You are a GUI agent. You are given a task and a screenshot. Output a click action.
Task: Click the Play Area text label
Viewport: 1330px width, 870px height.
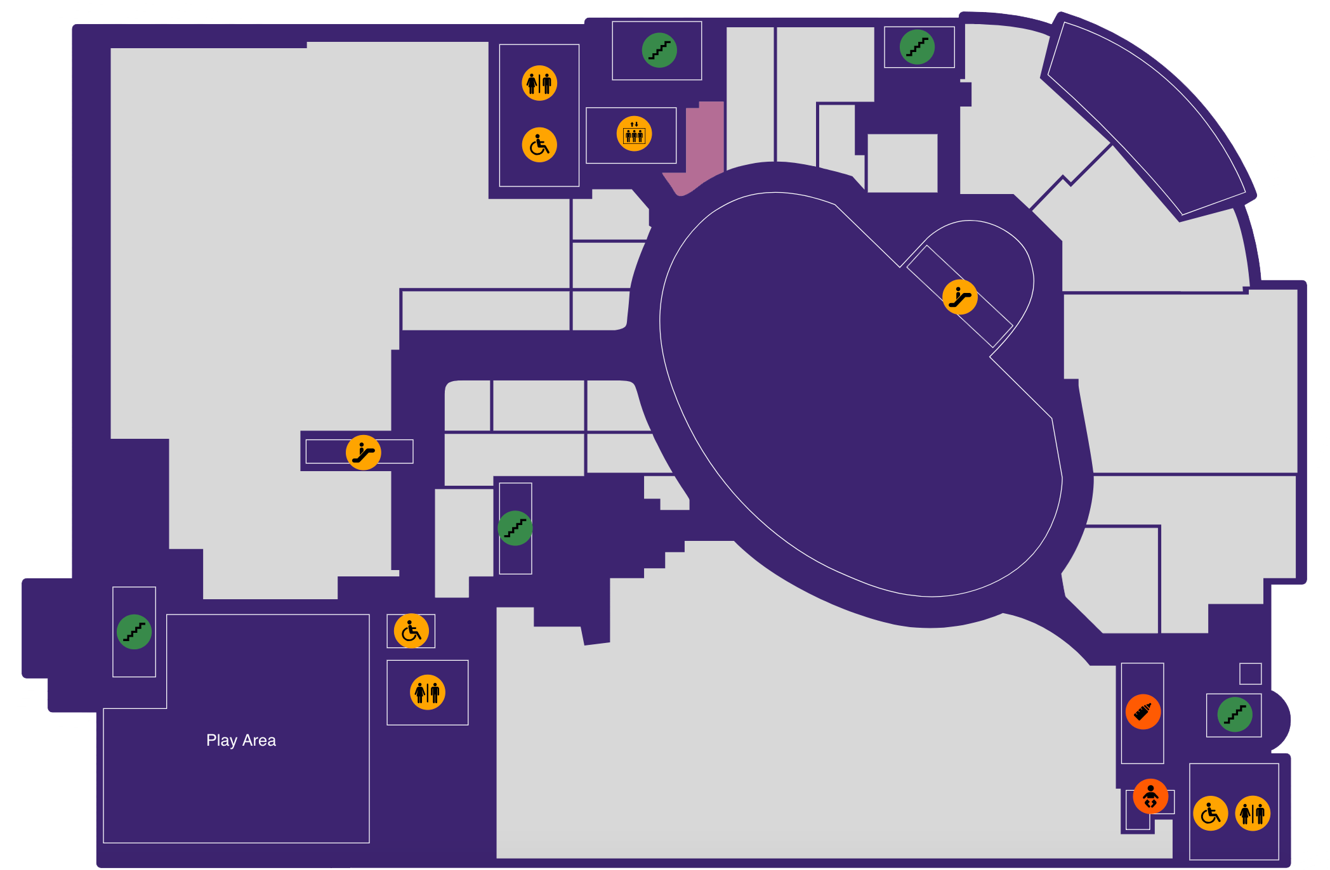click(x=241, y=740)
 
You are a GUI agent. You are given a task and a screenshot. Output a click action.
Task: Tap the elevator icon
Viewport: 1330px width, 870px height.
click(x=634, y=134)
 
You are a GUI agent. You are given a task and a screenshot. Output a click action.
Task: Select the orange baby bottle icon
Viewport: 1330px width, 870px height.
click(x=1143, y=711)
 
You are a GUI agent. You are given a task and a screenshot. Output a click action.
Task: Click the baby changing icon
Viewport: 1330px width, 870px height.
click(x=1150, y=796)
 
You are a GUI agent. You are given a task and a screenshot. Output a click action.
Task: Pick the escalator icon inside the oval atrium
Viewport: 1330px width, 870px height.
click(x=959, y=297)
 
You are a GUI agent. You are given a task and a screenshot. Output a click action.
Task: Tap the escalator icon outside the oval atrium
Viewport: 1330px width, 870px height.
click(x=363, y=452)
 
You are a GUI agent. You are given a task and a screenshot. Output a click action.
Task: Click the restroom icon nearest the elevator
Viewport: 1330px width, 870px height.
click(x=539, y=83)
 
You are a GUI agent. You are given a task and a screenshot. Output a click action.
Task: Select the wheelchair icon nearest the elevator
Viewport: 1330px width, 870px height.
click(x=539, y=145)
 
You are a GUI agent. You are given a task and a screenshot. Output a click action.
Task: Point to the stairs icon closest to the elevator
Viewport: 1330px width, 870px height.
click(x=659, y=50)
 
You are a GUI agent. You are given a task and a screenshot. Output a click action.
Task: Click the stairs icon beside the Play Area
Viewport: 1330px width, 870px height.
click(x=134, y=632)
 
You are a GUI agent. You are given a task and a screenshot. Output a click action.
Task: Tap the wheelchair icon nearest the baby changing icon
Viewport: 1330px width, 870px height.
click(x=1211, y=813)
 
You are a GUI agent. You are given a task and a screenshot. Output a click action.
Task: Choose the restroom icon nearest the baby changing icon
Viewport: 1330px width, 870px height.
click(x=1253, y=813)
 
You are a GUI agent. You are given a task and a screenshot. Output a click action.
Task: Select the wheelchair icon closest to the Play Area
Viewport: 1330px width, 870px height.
click(x=411, y=631)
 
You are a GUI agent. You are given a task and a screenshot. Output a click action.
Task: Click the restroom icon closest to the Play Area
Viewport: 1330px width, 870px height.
click(x=428, y=692)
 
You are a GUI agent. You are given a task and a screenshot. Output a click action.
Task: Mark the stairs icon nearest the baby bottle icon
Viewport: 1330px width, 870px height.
click(x=1235, y=715)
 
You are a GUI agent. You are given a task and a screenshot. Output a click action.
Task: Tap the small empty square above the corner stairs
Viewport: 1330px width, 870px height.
click(x=1250, y=673)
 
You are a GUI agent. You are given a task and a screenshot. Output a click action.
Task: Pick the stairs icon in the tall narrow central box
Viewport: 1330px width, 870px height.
click(x=515, y=528)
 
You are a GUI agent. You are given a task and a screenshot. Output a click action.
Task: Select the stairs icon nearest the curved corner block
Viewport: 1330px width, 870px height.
click(x=917, y=47)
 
